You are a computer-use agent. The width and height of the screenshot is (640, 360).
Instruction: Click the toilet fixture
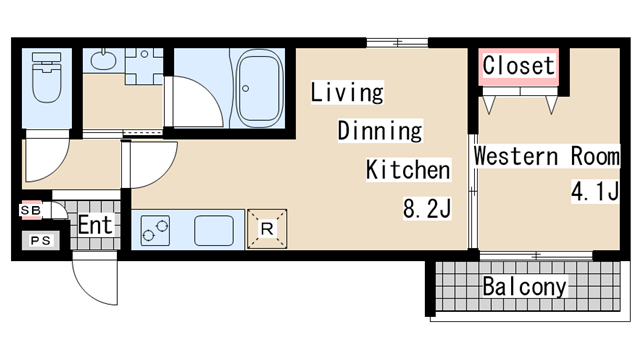coord(47,77)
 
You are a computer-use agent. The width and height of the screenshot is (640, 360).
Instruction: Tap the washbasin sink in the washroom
coord(103,60)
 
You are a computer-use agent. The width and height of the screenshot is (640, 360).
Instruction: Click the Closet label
coord(518,65)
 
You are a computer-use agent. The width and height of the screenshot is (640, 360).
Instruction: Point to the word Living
coord(347,92)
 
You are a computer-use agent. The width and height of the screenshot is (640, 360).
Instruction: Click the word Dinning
coord(380,131)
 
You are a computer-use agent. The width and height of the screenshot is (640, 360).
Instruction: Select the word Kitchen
coord(408,170)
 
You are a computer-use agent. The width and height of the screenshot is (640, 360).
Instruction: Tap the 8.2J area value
coord(427,208)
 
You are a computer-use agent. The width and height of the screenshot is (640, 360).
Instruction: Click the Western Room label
coord(547,156)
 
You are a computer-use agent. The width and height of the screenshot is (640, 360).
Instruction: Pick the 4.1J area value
coord(596,191)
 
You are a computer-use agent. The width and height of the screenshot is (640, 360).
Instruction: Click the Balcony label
coord(524,287)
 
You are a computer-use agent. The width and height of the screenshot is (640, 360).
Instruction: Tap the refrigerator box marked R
coord(267,229)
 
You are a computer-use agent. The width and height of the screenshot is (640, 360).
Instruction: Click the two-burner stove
coord(155,231)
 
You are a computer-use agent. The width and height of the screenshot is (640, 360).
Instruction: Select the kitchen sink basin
coord(214,231)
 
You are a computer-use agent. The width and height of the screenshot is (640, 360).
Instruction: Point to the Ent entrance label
coord(95,225)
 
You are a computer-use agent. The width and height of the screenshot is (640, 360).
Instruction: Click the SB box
coord(31,210)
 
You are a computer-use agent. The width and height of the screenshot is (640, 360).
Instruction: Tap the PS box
coord(40,240)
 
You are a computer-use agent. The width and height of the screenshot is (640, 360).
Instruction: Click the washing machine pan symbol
coord(144,66)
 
